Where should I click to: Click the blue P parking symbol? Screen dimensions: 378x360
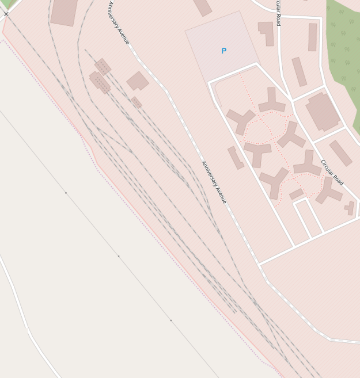223,51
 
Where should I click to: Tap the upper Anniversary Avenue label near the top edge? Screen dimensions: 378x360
119,23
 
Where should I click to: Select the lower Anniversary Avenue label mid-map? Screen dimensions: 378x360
214,182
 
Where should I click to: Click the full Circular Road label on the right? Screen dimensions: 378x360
332,172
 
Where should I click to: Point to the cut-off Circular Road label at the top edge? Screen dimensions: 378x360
278,13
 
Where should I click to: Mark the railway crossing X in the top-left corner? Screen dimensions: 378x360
6,14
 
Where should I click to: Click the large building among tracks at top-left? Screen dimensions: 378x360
64,12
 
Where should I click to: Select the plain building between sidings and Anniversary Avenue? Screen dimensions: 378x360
138,81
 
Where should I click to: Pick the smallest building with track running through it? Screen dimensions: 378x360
137,102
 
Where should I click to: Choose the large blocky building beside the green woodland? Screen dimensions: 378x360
323,112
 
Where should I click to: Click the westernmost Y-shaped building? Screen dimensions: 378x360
241,120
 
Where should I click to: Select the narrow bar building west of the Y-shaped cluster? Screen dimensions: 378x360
236,158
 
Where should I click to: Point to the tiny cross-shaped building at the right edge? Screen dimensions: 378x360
350,208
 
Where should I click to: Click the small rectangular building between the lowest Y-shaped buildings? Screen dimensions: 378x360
296,194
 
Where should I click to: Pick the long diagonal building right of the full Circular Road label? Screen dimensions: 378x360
340,153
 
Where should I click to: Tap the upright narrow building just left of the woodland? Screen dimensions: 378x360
312,37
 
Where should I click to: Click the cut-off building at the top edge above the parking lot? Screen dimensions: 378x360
202,7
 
